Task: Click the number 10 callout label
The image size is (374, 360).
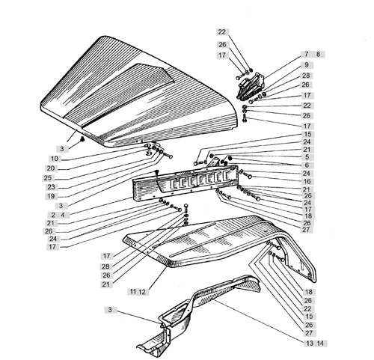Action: click(x=55, y=159)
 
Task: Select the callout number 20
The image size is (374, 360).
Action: click(x=51, y=168)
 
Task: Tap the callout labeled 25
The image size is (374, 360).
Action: click(x=48, y=178)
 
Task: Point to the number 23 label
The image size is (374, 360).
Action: click(x=51, y=187)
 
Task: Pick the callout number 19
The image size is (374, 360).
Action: click(x=51, y=196)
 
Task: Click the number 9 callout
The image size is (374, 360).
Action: click(x=307, y=65)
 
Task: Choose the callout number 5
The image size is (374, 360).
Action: click(x=307, y=157)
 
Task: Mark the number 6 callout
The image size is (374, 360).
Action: click(x=307, y=165)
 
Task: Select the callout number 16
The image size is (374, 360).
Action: click(x=307, y=181)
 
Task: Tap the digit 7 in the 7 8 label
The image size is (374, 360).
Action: click(x=307, y=54)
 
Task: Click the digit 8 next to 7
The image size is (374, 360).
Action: click(x=318, y=54)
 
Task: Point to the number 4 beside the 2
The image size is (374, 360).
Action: click(x=63, y=215)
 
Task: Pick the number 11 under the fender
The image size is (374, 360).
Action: click(x=133, y=291)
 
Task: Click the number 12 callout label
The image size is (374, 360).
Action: click(x=142, y=292)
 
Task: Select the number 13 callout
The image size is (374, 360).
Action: click(x=310, y=344)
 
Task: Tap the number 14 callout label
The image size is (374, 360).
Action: click(x=320, y=344)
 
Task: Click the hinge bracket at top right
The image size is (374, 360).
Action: click(x=250, y=86)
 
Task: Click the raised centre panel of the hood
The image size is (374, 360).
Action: click(x=120, y=91)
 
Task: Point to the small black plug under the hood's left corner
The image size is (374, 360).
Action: click(x=82, y=139)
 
